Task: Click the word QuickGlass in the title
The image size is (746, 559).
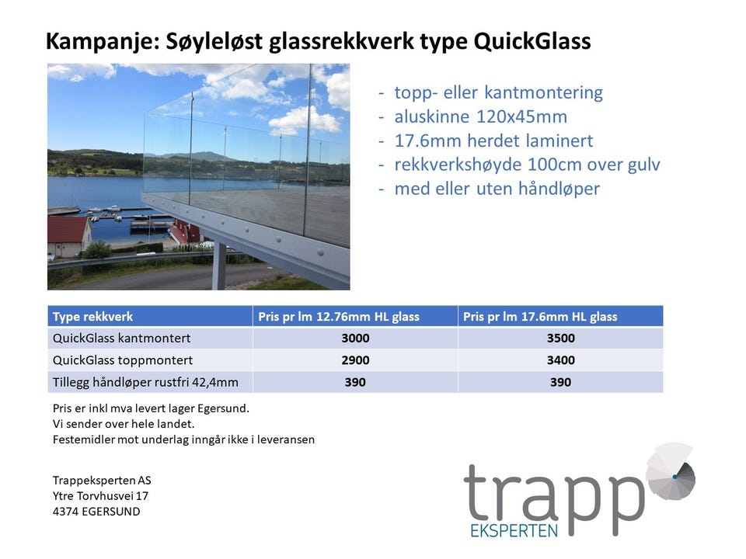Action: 532,41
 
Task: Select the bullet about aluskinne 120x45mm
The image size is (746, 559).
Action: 480,116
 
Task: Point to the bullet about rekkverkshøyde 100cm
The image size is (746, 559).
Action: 527,165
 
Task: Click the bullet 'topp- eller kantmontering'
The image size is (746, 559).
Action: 498,92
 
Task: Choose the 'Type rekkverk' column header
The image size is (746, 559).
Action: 92,317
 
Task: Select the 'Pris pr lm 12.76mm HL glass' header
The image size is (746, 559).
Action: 339,317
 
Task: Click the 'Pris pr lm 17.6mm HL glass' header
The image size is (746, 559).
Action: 540,317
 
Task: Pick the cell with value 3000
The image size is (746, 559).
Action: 355,338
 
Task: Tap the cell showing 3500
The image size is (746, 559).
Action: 560,338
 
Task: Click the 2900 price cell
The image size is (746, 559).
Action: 355,359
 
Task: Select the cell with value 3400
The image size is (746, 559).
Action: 560,359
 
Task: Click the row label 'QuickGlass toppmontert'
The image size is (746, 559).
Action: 123,360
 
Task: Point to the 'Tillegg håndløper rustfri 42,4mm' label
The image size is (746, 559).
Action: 145,382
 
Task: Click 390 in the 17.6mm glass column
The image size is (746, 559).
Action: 560,382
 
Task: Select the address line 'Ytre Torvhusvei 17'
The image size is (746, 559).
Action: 100,496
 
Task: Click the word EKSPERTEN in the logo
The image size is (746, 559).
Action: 514,530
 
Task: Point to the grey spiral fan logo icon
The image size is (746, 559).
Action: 671,471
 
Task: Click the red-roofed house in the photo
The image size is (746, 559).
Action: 69,236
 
